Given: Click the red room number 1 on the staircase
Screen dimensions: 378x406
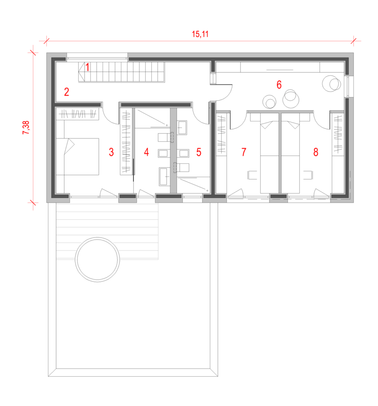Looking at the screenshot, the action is pos(88,67).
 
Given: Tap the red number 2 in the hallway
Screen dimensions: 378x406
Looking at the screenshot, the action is pos(67,92).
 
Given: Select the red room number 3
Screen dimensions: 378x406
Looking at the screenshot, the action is pos(111,152).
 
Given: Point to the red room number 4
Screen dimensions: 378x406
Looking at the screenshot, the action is pos(147,152).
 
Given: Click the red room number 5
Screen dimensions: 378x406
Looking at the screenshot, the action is pos(199,152).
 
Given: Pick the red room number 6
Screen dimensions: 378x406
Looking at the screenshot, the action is pos(279,85).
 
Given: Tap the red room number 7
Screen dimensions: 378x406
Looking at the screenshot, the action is pos(244,152).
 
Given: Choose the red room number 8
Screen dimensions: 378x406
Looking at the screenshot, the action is pos(316,152).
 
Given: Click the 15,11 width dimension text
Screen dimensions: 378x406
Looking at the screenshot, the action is pos(200,34).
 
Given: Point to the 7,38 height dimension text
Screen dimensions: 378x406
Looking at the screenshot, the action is pos(26,127).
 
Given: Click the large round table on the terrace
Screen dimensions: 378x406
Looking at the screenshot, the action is pos(97,259).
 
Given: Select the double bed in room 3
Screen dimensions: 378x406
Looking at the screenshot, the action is pos(78,156).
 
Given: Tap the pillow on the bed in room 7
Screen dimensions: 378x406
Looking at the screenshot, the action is pos(267,124).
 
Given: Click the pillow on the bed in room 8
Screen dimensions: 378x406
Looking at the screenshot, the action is pos(293,124).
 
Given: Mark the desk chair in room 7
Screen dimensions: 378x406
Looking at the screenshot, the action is pos(252,175).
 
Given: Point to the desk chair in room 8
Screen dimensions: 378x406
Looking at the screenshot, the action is pos(308,175).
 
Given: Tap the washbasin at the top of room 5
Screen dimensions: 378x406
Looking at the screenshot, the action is pos(182,128).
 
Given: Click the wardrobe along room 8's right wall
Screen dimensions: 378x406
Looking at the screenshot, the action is pos(338,134).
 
